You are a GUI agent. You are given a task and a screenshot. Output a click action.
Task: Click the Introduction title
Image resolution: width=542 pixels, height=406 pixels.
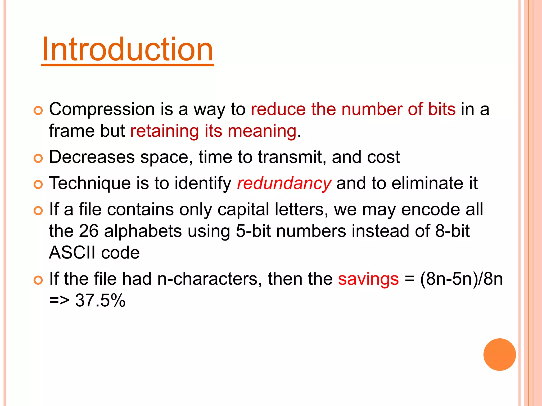click(127, 50)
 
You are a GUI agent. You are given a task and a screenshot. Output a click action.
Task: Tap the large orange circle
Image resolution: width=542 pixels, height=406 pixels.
click(499, 354)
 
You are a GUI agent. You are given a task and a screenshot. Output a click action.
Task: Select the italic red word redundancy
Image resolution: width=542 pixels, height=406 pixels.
click(284, 183)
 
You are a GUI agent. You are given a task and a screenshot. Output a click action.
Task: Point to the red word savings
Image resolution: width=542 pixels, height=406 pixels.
click(368, 279)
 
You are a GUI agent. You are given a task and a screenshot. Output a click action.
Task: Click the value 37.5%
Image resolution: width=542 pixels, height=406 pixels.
click(100, 301)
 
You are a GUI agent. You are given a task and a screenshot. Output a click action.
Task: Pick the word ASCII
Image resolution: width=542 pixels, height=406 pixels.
click(72, 253)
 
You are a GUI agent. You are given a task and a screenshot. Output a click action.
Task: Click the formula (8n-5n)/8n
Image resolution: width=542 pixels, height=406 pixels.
click(461, 279)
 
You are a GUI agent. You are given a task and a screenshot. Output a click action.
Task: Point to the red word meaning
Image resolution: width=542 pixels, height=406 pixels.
click(262, 131)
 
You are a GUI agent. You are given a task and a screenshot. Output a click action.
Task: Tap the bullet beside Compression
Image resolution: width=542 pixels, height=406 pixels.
click(38, 110)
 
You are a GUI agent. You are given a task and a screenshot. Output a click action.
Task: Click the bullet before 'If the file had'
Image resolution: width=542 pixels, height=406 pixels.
click(38, 280)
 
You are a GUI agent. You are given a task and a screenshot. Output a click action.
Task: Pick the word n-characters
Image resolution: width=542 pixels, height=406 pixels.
click(208, 279)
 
